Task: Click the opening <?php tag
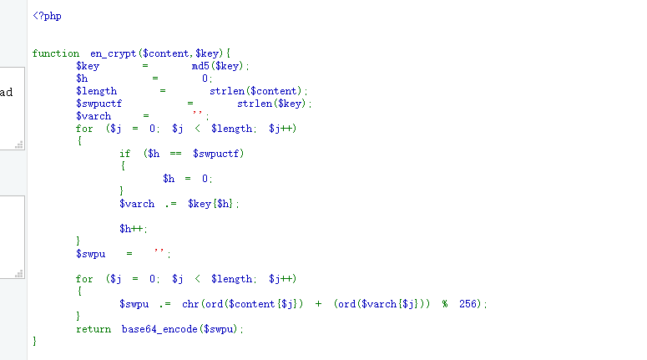click(x=47, y=16)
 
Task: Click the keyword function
click(x=56, y=53)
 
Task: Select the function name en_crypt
click(x=114, y=53)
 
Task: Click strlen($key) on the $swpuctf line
click(x=274, y=104)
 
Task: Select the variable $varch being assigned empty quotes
click(x=94, y=116)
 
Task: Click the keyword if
click(x=125, y=154)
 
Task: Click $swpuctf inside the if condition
click(x=218, y=154)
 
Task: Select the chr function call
click(x=190, y=304)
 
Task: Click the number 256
click(x=469, y=304)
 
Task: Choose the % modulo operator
click(x=445, y=304)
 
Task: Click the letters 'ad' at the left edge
click(x=6, y=92)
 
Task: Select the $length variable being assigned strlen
click(x=97, y=91)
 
